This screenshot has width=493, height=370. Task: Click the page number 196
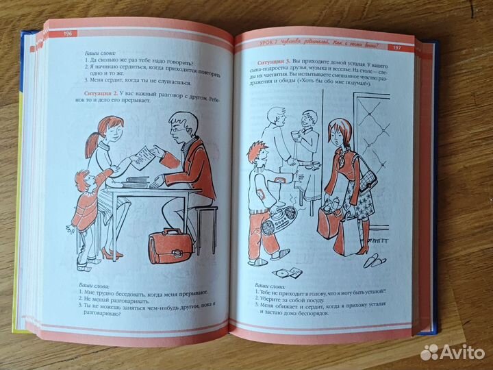68,33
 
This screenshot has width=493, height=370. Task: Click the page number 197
396,49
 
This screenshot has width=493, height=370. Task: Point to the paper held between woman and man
145,155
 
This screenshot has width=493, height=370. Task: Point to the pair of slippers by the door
373,260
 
